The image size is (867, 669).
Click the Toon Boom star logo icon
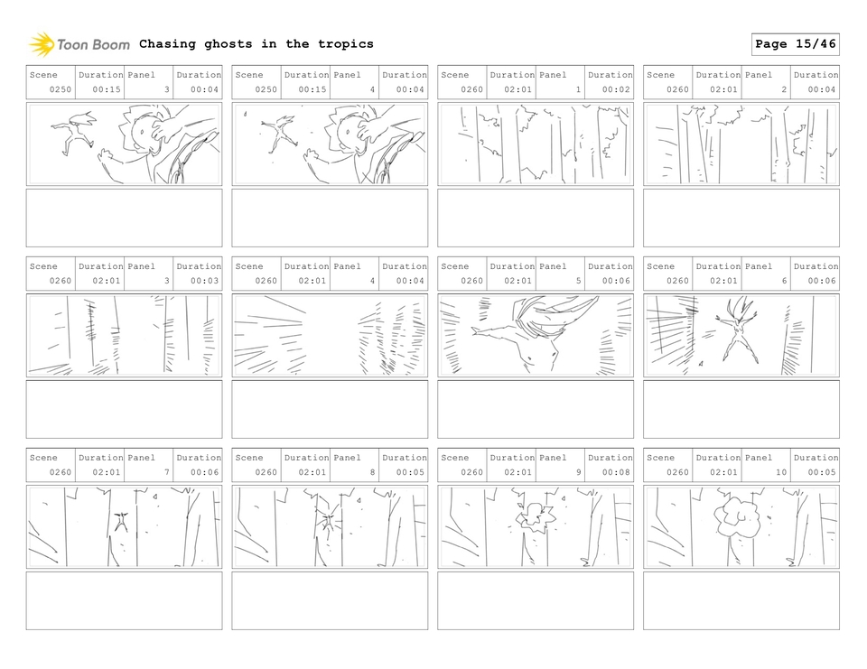point(42,44)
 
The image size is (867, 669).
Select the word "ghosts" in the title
point(228,44)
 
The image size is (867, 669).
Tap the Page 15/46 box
point(795,44)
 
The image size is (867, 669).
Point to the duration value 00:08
point(616,472)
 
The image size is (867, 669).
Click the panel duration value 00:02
point(616,89)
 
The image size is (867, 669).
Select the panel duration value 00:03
point(204,281)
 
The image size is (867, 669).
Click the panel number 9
point(578,472)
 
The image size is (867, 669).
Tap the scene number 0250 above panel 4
point(266,89)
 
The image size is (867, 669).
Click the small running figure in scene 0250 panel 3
point(75,133)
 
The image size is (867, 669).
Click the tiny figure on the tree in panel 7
point(121,521)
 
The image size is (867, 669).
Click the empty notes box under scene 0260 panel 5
point(536,409)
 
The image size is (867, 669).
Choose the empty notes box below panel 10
point(741,600)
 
